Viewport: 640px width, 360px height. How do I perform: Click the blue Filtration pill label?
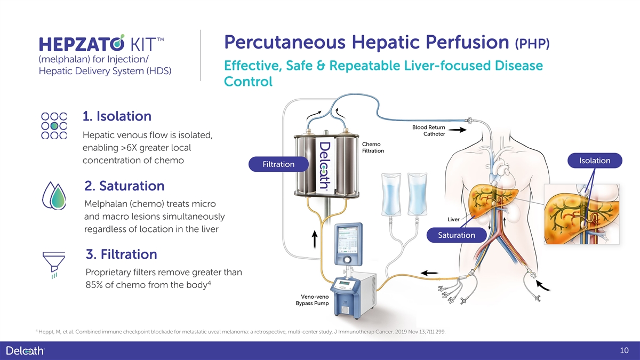[278, 164]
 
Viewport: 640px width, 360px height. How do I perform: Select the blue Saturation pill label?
[456, 235]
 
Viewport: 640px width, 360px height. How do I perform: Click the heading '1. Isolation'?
[117, 116]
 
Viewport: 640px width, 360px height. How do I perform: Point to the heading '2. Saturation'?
[124, 186]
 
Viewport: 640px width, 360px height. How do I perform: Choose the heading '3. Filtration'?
[121, 254]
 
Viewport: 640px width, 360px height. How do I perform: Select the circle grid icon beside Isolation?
[54, 125]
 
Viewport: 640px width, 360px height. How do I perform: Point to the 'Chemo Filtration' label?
[373, 147]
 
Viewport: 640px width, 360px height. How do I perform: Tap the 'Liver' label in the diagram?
[453, 219]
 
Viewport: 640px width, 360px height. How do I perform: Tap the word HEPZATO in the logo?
[78, 43]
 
